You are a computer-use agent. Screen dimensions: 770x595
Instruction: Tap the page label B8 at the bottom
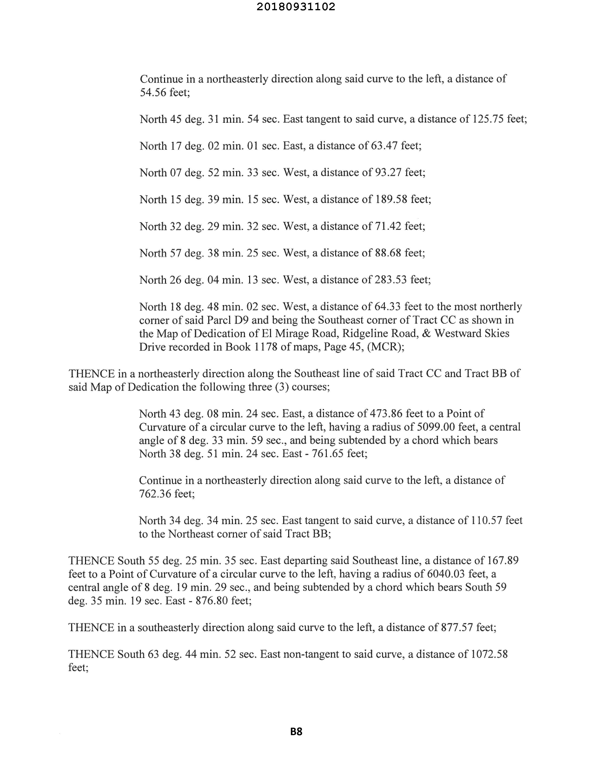296,732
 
